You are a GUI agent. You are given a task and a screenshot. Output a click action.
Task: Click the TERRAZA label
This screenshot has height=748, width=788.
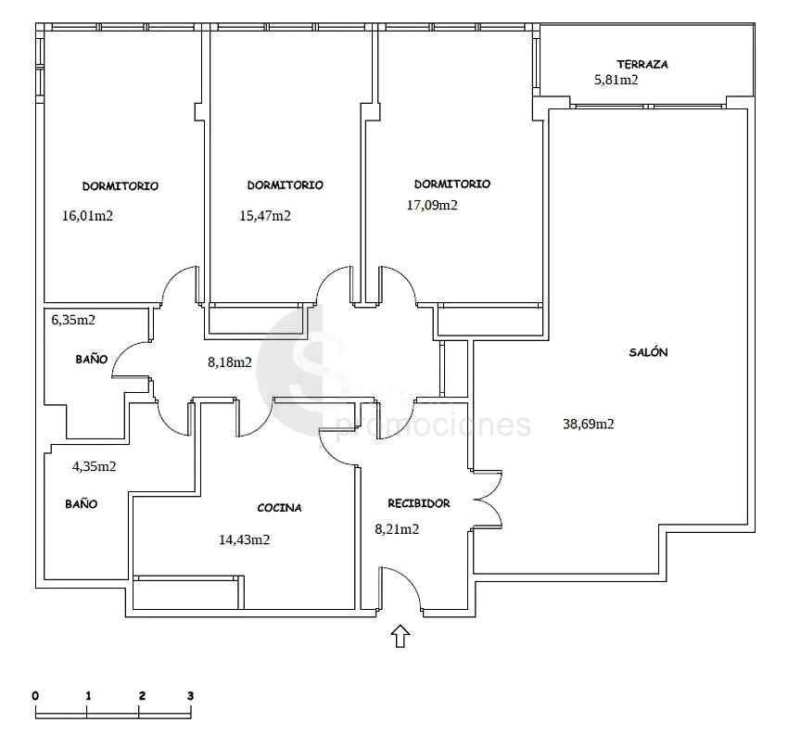click(642, 64)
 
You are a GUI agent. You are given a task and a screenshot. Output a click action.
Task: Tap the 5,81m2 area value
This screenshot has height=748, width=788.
click(616, 80)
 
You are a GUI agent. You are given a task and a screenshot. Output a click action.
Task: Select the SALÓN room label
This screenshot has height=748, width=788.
click(648, 352)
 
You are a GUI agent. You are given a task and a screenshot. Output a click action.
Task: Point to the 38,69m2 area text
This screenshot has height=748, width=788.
click(589, 424)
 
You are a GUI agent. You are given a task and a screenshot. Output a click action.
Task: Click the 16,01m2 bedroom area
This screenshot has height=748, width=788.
click(87, 216)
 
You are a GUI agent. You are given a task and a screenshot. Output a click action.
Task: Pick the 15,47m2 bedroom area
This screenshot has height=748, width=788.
click(265, 216)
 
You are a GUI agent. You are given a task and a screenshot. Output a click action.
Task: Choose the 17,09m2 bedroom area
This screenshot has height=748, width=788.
click(432, 205)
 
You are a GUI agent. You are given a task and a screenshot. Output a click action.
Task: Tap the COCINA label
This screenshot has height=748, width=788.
click(279, 508)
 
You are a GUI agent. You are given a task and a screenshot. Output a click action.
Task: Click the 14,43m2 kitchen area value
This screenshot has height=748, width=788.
click(244, 539)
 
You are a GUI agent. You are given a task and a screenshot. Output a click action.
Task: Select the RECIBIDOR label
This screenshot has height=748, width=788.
click(419, 503)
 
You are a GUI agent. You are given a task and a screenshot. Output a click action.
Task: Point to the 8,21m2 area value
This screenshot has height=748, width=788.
click(397, 529)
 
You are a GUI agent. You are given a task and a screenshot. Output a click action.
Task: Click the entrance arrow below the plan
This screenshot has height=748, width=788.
click(400, 636)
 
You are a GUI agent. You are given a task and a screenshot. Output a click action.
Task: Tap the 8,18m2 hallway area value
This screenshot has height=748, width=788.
click(230, 362)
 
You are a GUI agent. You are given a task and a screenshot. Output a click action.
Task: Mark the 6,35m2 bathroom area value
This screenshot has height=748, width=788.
click(73, 320)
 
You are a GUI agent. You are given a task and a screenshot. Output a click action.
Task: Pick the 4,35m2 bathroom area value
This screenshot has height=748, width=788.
click(94, 466)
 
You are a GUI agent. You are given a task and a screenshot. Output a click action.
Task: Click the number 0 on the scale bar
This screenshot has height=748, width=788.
click(35, 696)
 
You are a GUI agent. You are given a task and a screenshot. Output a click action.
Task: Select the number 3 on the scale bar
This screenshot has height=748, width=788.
click(190, 696)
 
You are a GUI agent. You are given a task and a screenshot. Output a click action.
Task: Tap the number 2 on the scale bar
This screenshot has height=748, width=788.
click(142, 696)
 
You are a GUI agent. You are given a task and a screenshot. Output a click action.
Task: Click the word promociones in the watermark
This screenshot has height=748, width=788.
click(433, 425)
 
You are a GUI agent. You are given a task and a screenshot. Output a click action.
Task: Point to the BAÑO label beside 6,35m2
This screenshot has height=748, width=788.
click(92, 360)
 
